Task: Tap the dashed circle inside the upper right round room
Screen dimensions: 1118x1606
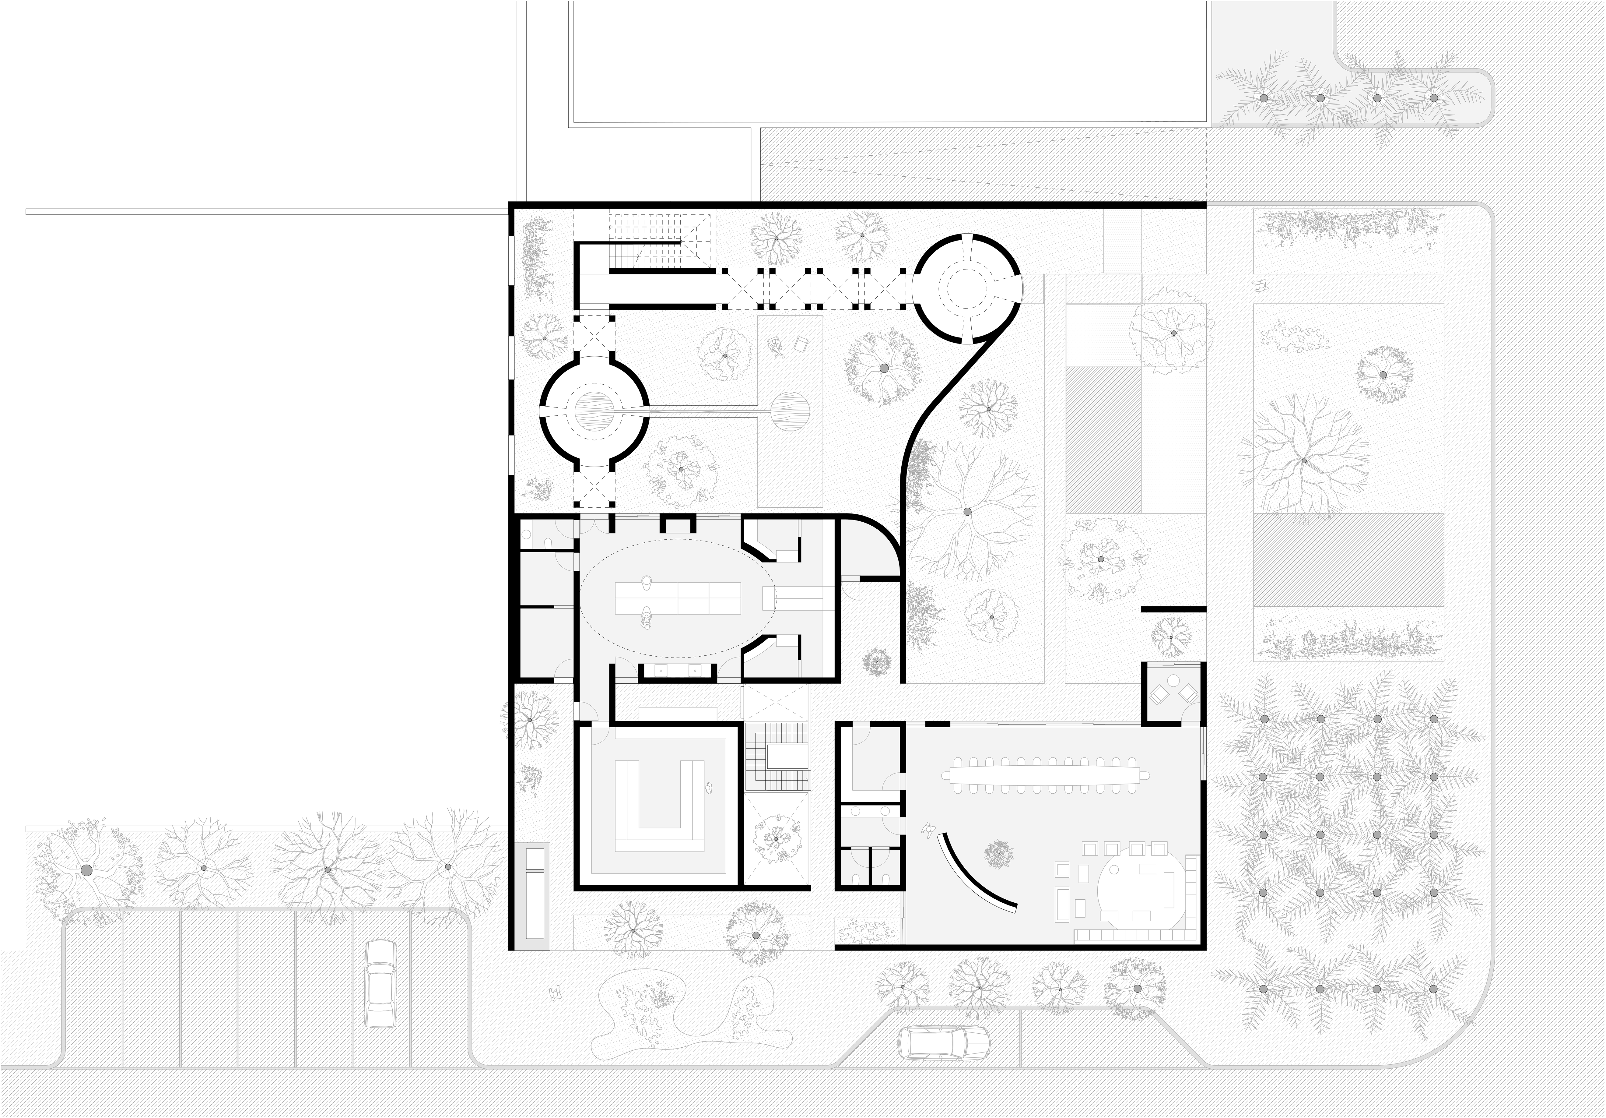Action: point(969,288)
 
